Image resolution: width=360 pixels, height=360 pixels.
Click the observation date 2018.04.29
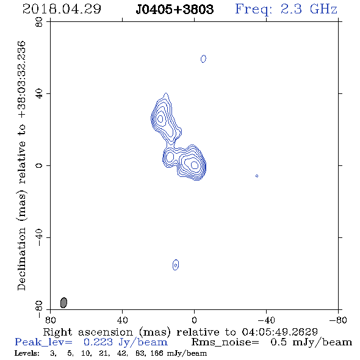click(x=62, y=9)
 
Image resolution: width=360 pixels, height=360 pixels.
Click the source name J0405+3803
click(x=175, y=9)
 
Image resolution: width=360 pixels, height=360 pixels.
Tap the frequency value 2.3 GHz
click(x=309, y=9)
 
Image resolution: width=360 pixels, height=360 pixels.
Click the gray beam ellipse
click(x=63, y=303)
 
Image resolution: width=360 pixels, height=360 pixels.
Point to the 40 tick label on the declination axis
click(x=39, y=94)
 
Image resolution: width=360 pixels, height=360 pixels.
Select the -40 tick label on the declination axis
click(x=39, y=237)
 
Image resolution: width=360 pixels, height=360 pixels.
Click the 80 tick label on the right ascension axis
click(x=50, y=320)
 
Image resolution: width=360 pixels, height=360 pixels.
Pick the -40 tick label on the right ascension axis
click(x=266, y=320)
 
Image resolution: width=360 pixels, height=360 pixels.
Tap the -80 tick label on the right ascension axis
click(x=338, y=320)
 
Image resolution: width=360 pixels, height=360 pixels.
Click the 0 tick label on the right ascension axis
click(x=194, y=320)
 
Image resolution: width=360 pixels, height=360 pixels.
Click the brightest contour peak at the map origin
click(x=195, y=165)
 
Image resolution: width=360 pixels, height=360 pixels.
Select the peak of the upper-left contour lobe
click(x=160, y=119)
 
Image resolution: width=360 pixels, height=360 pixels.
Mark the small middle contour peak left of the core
click(x=170, y=157)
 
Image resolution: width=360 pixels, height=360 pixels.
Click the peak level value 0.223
click(x=98, y=342)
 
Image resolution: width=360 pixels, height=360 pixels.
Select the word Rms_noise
click(x=225, y=342)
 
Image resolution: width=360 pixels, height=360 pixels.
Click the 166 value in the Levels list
click(x=158, y=353)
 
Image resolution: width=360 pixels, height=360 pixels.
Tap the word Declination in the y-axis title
click(x=21, y=259)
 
